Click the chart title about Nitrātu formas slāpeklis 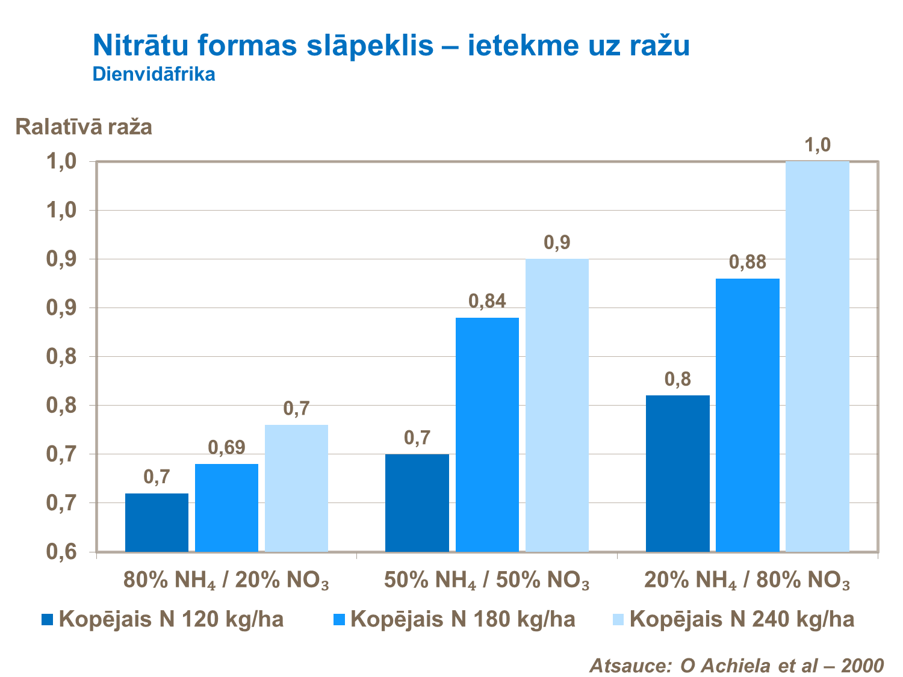pos(391,46)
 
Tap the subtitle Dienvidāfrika pos(154,75)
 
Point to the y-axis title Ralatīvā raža pos(84,127)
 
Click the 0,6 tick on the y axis pos(63,552)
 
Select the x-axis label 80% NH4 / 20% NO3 pos(226,581)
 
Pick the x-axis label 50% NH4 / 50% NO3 pos(486,581)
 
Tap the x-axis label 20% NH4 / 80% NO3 pos(747,581)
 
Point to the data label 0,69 pos(226,448)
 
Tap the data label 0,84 pos(487,301)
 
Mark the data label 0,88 pos(747,262)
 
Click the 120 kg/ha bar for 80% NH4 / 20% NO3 pos(157,522)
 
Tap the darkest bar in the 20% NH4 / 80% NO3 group pos(677,473)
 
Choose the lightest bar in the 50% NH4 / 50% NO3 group pos(557,405)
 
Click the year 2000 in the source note pos(862,666)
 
